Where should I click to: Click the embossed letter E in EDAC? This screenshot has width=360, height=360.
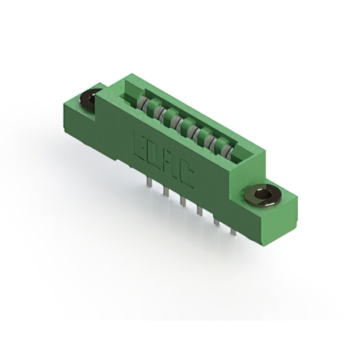pyautogui.click(x=140, y=144)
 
